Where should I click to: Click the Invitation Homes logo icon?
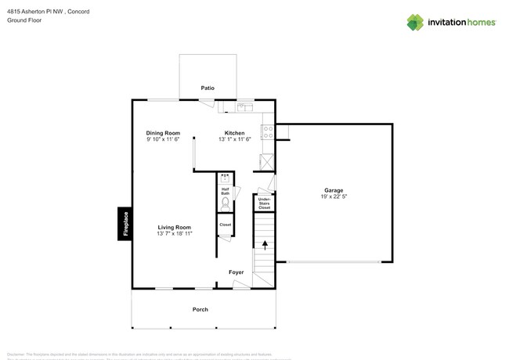(416, 23)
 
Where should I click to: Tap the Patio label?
(207, 88)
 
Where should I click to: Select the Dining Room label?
(163, 133)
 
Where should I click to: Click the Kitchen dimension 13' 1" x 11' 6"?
(234, 140)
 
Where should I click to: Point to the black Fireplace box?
(124, 224)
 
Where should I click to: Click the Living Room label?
(174, 227)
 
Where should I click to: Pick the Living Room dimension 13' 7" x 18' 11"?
(174, 234)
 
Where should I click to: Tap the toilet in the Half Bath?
(225, 203)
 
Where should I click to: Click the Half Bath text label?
(225, 190)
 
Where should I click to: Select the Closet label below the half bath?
(225, 225)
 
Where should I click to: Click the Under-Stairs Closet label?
(265, 203)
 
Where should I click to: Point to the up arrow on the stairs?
(265, 245)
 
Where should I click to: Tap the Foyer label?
(236, 272)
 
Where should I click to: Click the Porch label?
(200, 310)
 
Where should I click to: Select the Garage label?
(334, 190)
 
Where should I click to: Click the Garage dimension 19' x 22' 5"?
(334, 197)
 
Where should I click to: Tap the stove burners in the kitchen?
(268, 132)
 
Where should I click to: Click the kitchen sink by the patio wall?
(244, 106)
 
